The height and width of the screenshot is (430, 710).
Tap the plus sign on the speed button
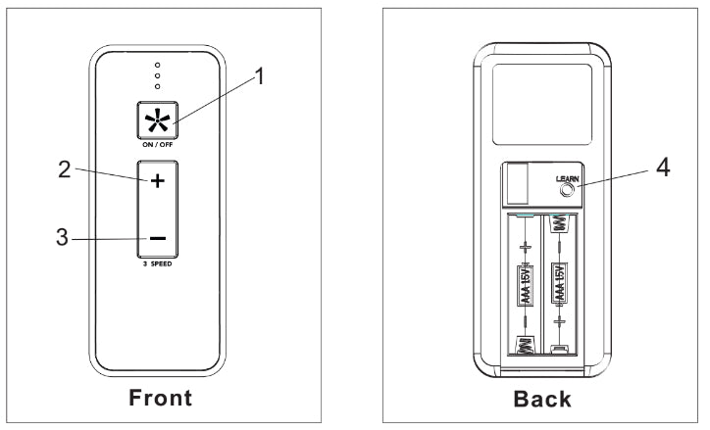pos(157,182)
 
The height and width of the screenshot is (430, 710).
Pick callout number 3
pos(62,238)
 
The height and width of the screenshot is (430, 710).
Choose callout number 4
pos(663,168)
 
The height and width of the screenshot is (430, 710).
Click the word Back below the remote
pos(542,399)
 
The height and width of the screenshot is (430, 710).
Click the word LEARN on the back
pos(567,178)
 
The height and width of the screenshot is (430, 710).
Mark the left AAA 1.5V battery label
pos(525,285)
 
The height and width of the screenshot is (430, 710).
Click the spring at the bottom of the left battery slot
pos(524,345)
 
